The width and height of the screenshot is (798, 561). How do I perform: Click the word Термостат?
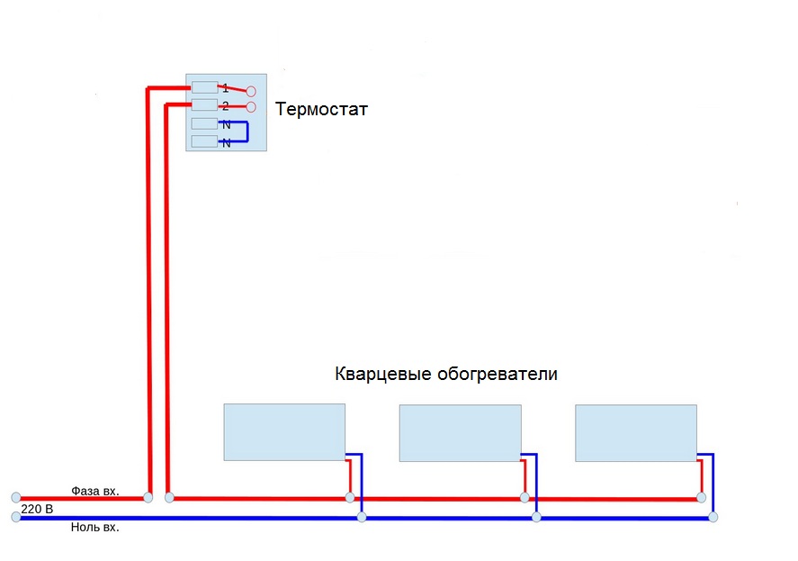point(321,110)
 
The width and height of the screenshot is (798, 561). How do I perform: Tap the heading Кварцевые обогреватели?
point(445,374)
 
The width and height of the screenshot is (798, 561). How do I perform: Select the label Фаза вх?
point(95,491)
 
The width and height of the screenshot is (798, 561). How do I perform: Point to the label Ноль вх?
point(94,528)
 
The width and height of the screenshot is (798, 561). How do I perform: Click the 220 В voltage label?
point(37,509)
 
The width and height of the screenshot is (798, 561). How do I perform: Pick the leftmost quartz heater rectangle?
point(284,432)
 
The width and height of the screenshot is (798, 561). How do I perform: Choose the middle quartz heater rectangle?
point(460,433)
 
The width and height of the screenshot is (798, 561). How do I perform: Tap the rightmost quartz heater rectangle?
point(636,433)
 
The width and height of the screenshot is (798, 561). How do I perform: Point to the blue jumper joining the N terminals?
point(246,133)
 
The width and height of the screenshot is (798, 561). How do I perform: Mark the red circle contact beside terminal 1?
point(251,92)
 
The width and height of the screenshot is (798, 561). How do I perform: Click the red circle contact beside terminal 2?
point(251,107)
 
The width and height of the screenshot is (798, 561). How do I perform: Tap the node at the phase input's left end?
point(15,497)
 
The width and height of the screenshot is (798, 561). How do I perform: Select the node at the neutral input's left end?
point(15,517)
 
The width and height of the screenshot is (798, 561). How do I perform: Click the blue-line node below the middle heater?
point(536,517)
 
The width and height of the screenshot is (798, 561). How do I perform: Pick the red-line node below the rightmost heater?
point(702,497)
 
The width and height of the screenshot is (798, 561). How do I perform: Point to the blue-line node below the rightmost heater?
point(713,517)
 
